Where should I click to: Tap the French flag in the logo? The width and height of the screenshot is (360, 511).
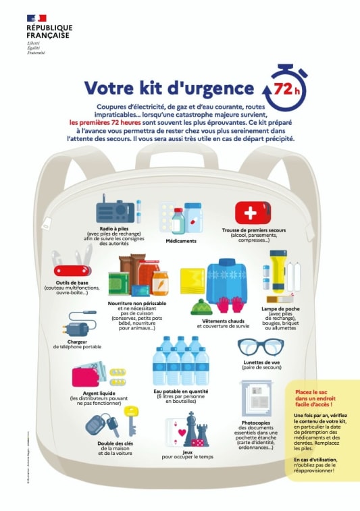[37, 18]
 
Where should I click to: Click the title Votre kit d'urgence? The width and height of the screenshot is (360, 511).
[169, 88]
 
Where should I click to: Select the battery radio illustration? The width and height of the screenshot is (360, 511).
[118, 210]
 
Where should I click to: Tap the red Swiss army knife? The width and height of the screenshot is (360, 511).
[69, 266]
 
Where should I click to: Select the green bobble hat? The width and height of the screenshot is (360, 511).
[201, 306]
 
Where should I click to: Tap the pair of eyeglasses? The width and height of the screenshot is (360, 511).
[261, 347]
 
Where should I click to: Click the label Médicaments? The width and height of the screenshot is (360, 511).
[181, 241]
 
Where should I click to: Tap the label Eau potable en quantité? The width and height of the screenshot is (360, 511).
[180, 391]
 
